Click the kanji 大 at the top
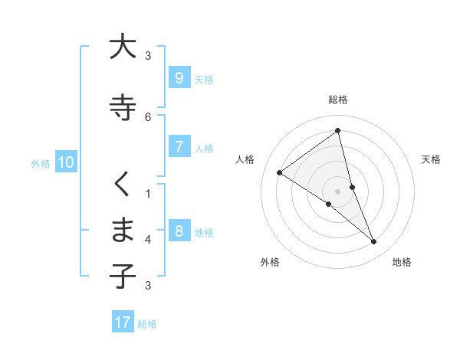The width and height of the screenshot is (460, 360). tap(122, 47)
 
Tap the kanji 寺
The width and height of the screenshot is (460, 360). tap(122, 107)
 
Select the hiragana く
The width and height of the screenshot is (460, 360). tap(122, 184)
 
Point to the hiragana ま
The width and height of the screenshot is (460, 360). tap(122, 229)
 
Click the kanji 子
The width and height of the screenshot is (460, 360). tap(122, 275)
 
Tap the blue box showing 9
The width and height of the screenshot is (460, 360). tap(179, 78)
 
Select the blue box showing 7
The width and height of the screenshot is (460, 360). tap(179, 147)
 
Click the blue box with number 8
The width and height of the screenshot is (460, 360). tap(179, 231)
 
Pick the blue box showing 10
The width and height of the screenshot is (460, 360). tap(65, 162)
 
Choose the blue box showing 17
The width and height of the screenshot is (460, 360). tap(123, 322)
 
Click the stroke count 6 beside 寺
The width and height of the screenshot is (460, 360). tap(148, 117)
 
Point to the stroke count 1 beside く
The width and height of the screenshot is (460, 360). tap(148, 193)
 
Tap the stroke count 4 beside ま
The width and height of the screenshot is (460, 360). tap(148, 240)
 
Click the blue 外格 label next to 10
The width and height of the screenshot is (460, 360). tap(41, 163)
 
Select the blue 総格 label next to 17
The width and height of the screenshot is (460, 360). tap(147, 323)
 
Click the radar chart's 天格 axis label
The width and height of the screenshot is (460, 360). tap(432, 159)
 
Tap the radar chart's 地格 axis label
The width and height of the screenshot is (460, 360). tap(402, 262)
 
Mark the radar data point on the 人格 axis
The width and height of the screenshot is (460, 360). tap(279, 172)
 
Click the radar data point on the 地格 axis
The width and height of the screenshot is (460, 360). tap(374, 241)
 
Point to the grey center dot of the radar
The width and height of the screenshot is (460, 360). tap(338, 191)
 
